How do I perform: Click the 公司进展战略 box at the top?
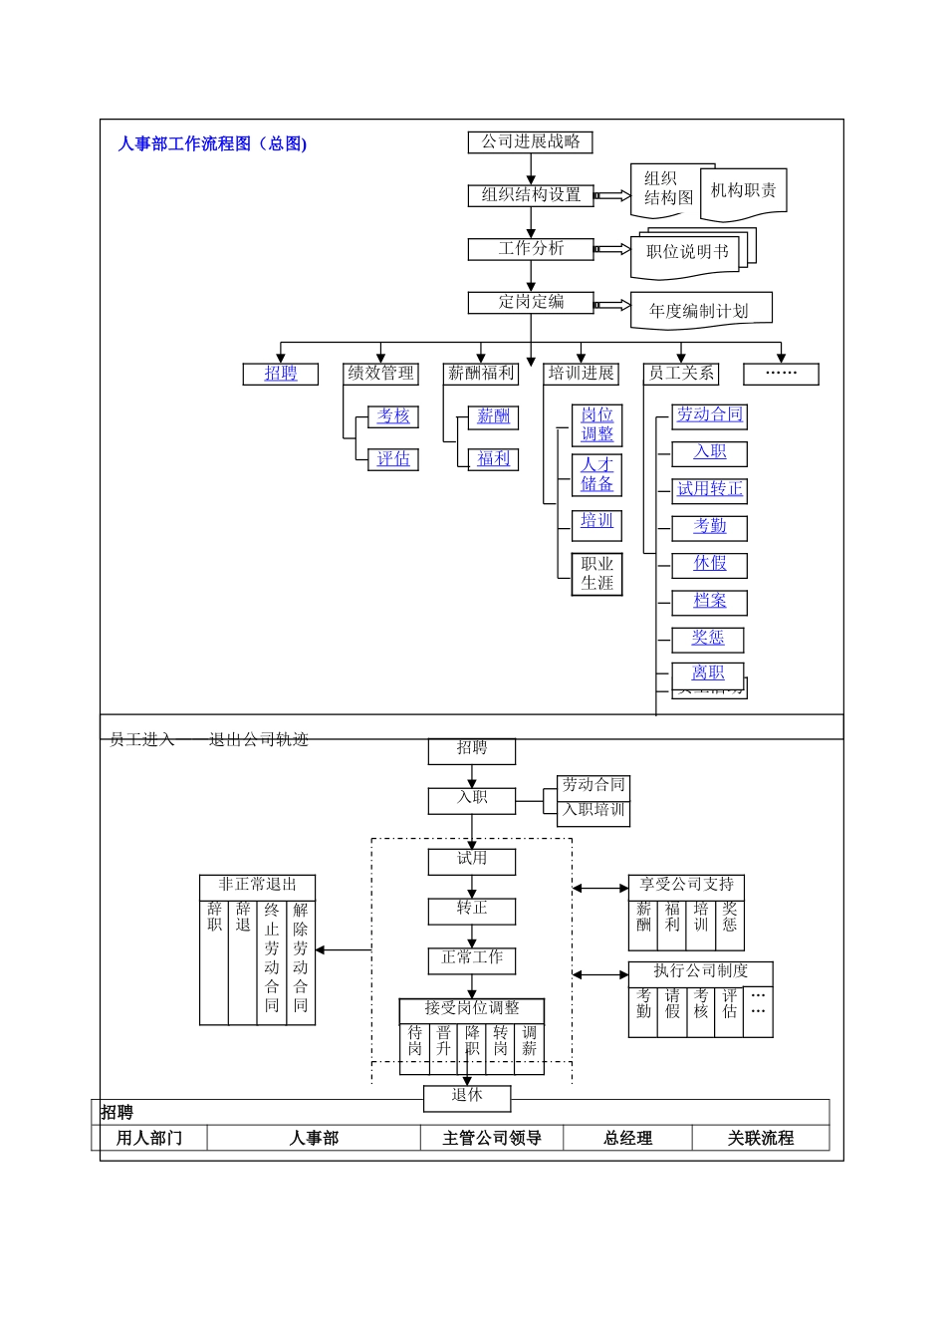[x=530, y=142]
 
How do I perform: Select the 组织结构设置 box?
[x=530, y=195]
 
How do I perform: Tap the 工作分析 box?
[x=530, y=249]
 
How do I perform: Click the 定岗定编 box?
[x=530, y=302]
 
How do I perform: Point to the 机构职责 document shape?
[x=743, y=190]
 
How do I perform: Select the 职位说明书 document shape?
[x=687, y=252]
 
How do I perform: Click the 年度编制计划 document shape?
[x=698, y=311]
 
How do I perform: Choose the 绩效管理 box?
[x=380, y=374]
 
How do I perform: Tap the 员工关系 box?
[x=681, y=374]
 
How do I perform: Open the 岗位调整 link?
[x=597, y=424]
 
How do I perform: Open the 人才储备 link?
[x=597, y=474]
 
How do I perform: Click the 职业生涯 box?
[x=597, y=574]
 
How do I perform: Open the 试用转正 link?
[x=709, y=489]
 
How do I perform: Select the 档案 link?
[x=709, y=601]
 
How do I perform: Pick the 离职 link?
[x=708, y=673]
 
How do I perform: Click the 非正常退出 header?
[x=257, y=885]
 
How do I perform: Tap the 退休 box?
[x=467, y=1096]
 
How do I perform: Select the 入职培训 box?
[x=593, y=810]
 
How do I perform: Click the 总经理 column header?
[x=627, y=1138]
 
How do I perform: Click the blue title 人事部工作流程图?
[x=212, y=143]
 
